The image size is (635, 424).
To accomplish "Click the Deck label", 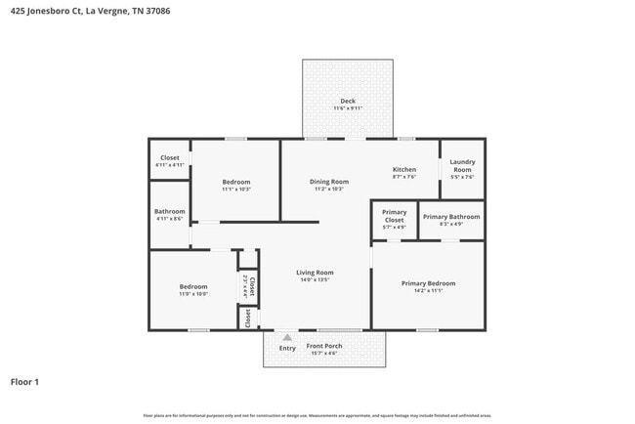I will pos(347,102).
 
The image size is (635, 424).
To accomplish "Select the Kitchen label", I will pos(404,169).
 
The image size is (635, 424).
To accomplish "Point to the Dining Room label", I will pos(329,182).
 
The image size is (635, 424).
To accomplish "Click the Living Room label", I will pos(316,273).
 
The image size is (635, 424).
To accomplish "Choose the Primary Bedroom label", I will pos(428,283).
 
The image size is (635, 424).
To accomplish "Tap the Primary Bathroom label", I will pos(450,216).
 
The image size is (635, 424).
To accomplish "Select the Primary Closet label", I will pos(394,216).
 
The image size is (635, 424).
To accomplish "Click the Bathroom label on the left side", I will pos(169,212).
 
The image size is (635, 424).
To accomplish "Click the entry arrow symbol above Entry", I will pos(287,337).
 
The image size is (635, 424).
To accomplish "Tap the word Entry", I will pos(287,348).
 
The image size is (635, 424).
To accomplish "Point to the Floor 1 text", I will pos(24,382).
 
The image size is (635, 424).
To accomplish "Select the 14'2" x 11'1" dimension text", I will pos(428,291).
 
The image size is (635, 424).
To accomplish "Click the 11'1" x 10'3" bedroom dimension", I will pos(235,190).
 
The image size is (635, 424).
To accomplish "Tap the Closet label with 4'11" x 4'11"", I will pos(169,157).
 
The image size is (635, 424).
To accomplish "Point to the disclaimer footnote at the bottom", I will pos(317,416).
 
